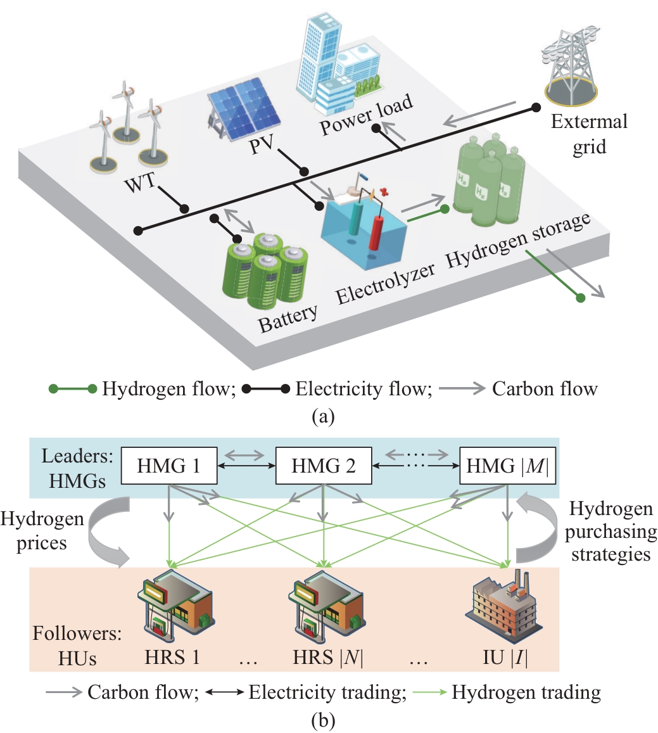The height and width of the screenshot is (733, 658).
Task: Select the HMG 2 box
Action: coord(323,466)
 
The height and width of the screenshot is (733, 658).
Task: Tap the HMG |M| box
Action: coord(506,466)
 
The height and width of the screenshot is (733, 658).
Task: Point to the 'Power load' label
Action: coord(366,115)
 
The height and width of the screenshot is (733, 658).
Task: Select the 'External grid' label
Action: coord(589,134)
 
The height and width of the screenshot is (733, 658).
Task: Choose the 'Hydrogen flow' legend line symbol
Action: coord(73,388)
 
